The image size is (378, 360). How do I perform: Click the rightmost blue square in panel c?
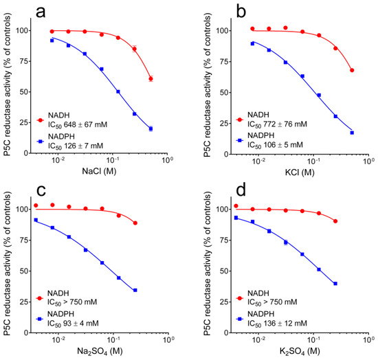[135, 290]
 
